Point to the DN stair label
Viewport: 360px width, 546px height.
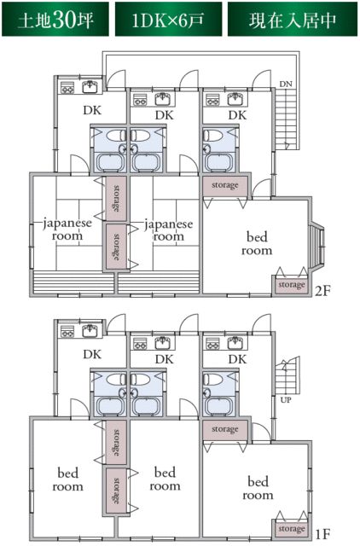(x=286, y=84)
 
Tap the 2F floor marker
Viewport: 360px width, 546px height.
(x=321, y=291)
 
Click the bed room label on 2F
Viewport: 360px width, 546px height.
(x=256, y=243)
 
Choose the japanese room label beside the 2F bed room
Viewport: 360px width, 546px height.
(x=168, y=229)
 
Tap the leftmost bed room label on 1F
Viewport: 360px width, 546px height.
(x=70, y=479)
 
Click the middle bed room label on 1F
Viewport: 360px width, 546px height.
(x=165, y=479)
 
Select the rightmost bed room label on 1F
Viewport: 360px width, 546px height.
(x=257, y=487)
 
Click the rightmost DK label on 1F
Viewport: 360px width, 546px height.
(x=237, y=359)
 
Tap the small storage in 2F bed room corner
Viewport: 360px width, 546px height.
(x=291, y=285)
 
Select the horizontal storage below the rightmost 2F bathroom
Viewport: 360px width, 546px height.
(x=225, y=185)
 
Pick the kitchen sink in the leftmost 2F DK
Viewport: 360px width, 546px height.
(x=90, y=86)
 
